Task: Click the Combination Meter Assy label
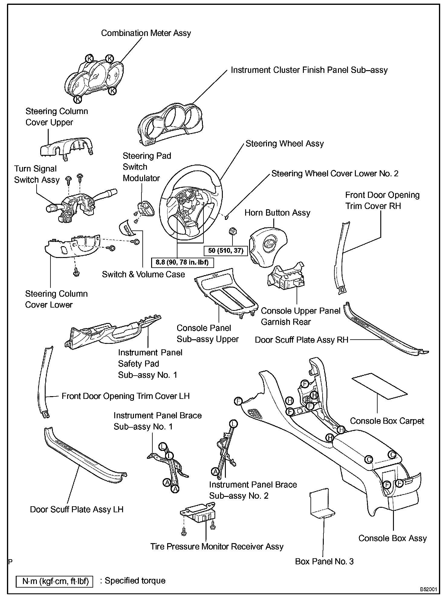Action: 146,33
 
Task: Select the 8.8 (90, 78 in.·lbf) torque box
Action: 182,262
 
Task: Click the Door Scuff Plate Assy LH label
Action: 77,509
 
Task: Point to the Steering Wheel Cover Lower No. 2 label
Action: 335,174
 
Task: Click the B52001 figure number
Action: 428,590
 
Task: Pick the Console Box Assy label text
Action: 392,538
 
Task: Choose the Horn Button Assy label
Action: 277,213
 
